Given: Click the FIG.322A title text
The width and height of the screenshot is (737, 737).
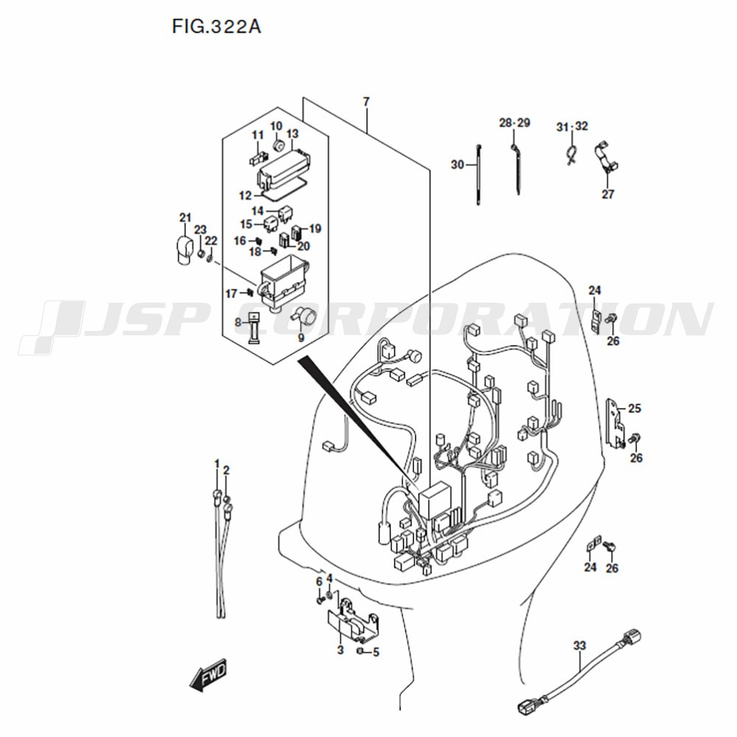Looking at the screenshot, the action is [216, 27].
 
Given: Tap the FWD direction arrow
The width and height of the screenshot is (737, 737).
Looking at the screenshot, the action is [209, 675].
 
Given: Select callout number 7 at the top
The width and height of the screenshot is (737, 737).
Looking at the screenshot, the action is [366, 102].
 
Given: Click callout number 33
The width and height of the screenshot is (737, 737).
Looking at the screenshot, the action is [579, 646].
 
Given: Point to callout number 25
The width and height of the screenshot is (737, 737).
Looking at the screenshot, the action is [635, 408].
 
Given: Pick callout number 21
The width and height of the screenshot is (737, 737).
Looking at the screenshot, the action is [186, 217].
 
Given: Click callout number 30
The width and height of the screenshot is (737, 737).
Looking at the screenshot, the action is [458, 165].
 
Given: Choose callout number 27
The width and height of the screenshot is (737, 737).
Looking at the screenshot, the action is [608, 194].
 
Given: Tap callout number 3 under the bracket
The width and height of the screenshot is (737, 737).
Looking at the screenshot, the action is [340, 650].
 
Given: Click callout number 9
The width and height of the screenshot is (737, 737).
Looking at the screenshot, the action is [301, 338].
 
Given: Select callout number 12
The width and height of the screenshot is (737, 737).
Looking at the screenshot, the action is [245, 195].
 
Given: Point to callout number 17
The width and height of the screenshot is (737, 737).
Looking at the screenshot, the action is [231, 294].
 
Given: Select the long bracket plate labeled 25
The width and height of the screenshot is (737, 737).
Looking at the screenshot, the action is [615, 422].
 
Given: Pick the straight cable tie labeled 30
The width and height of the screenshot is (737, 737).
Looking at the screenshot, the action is [478, 175].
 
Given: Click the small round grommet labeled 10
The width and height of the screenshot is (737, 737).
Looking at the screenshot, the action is [279, 145].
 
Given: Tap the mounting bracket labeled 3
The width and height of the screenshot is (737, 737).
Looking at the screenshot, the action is [355, 622].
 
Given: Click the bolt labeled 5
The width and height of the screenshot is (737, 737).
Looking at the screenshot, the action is [360, 651].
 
